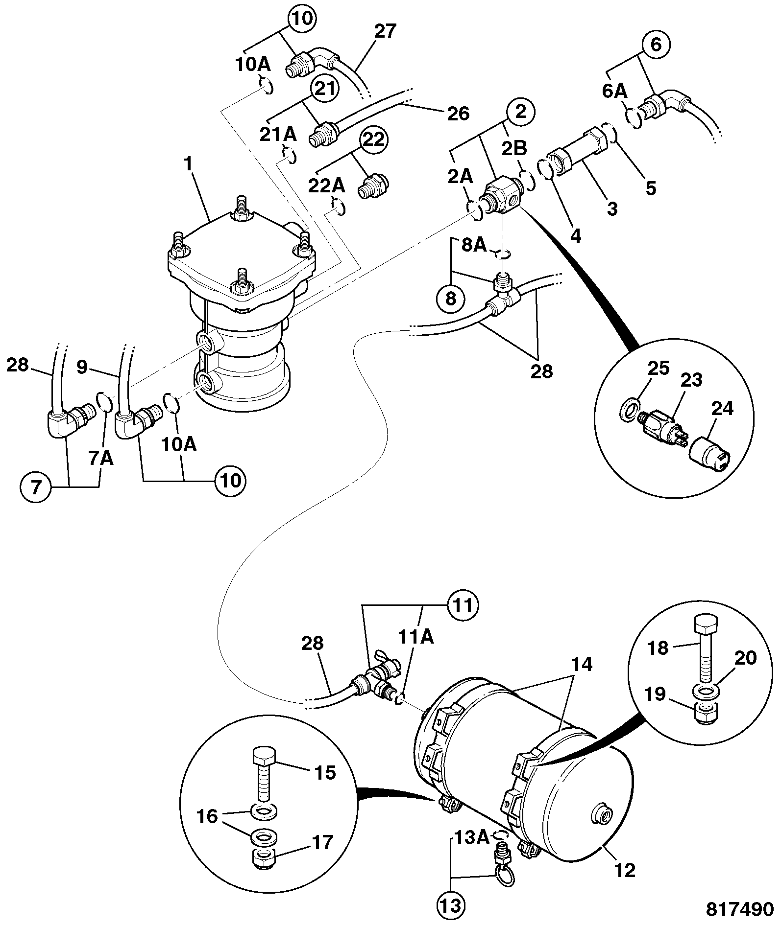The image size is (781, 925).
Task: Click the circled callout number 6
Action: (x=656, y=45)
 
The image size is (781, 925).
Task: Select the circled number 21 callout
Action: (x=326, y=90)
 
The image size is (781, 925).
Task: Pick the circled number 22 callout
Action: (x=374, y=139)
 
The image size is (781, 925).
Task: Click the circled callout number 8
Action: (x=451, y=298)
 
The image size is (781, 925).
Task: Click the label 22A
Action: (x=326, y=186)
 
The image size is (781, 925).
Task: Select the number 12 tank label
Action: (x=624, y=870)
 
